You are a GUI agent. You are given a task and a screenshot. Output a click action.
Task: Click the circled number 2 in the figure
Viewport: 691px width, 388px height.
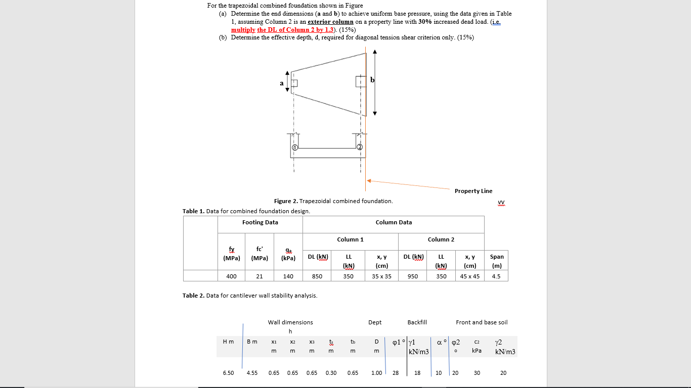pos(360,147)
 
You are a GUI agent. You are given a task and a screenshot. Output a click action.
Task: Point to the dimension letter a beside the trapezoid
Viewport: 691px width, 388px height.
pos(282,83)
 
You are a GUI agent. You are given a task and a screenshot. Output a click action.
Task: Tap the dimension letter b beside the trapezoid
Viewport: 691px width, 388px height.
pos(372,80)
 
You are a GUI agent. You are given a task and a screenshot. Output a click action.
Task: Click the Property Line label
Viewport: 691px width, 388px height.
pos(473,191)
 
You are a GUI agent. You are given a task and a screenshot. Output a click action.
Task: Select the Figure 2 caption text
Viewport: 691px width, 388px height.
pos(333,201)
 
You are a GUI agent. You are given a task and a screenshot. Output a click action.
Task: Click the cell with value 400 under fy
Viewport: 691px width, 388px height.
pos(231,276)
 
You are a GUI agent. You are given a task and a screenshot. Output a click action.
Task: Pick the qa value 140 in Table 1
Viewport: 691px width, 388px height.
pos(288,276)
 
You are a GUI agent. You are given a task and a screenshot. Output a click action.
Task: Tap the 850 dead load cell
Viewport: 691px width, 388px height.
pos(318,276)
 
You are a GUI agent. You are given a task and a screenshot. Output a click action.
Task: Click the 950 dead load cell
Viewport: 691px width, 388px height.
pos(413,276)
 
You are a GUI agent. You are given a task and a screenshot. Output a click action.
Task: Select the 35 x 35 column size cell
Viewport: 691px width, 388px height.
pos(381,276)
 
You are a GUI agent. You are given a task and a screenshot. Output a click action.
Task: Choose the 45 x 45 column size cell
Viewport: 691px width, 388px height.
pos(470,276)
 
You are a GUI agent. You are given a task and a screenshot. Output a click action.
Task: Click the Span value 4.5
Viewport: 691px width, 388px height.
pos(496,276)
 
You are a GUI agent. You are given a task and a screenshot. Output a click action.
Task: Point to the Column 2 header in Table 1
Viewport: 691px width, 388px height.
pos(441,239)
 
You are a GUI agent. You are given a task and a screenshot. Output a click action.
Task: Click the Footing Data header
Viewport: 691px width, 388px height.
pos(260,222)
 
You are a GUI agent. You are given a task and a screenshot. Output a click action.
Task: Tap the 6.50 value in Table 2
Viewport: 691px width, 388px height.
pos(228,373)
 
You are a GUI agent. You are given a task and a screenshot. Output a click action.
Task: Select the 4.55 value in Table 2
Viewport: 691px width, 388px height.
pos(252,373)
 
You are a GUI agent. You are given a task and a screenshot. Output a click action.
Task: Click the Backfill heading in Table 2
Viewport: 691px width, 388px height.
pos(417,322)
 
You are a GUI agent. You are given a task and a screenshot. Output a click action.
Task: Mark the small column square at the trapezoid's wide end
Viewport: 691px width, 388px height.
pos(360,81)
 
